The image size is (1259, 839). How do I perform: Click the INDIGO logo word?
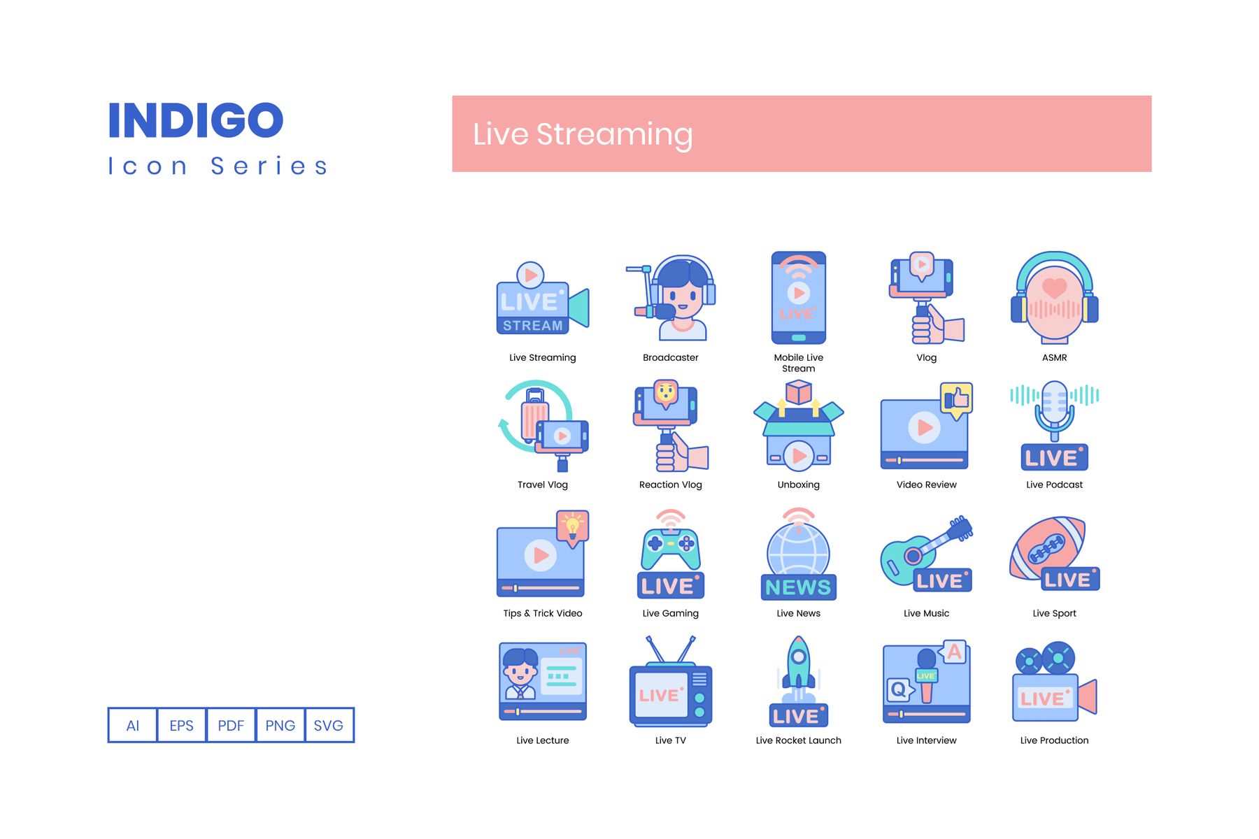pos(196,120)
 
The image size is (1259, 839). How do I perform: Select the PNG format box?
pos(280,725)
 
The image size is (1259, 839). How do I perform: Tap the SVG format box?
pos(329,725)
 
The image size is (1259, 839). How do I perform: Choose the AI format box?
pos(133,725)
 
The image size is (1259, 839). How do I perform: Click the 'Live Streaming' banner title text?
pos(583,134)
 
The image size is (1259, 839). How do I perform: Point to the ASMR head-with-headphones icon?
pos(1054,297)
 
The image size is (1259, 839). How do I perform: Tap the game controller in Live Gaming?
pos(670,548)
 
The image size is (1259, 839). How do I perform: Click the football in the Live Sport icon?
pos(1047,548)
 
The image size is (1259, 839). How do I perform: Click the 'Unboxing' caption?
pos(798,485)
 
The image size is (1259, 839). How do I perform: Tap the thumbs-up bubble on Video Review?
pos(956,401)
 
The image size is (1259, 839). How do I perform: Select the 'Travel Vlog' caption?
pos(542,485)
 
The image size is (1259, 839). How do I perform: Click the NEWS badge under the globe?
pos(798,587)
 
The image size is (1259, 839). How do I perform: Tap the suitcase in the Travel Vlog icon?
pos(534,414)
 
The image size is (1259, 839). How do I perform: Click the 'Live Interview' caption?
pos(926,740)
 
